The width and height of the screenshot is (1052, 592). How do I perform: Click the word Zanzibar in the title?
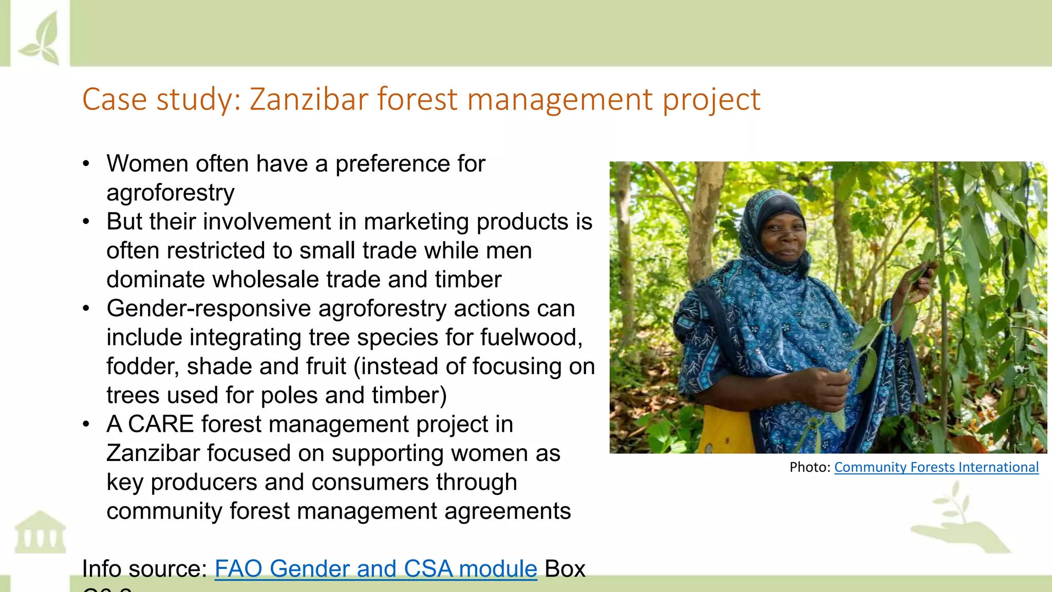click(309, 99)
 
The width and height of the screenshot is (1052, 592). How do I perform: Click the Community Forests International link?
click(936, 467)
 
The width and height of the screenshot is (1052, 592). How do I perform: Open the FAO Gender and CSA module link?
click(375, 569)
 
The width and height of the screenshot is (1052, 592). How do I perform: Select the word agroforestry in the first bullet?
click(171, 193)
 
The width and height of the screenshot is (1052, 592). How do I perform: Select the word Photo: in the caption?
click(810, 467)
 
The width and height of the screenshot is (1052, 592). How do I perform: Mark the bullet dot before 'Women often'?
click(86, 164)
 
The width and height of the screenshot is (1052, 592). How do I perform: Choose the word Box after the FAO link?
click(565, 569)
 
